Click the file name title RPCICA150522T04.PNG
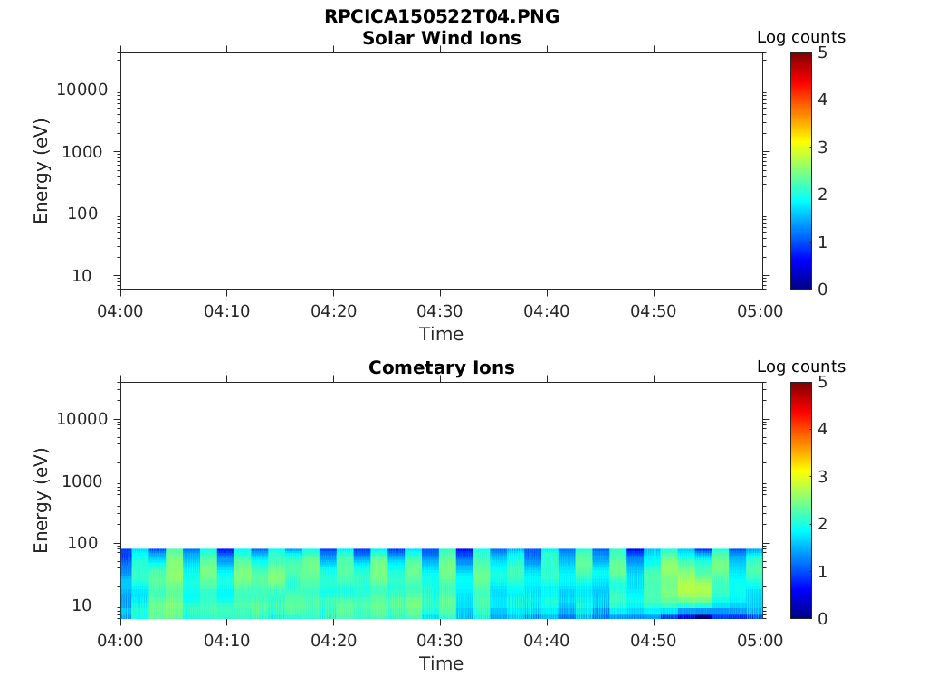[441, 17]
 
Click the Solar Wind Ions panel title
[441, 39]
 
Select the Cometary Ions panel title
[441, 368]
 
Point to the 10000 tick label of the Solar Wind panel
[82, 90]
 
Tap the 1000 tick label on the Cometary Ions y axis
[87, 481]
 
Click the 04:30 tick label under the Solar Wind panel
[441, 311]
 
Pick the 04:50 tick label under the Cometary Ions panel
[654, 641]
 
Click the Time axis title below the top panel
[441, 334]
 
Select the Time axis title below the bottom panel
[441, 663]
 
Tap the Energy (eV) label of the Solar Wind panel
[41, 171]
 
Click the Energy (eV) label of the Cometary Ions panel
[41, 500]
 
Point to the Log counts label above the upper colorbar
[800, 37]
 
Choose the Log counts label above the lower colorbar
[800, 367]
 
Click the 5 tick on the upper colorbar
[823, 52]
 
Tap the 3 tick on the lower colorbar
[823, 476]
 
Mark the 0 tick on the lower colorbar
[823, 618]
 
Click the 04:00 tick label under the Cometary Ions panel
[120, 641]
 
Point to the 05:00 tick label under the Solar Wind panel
[760, 311]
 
